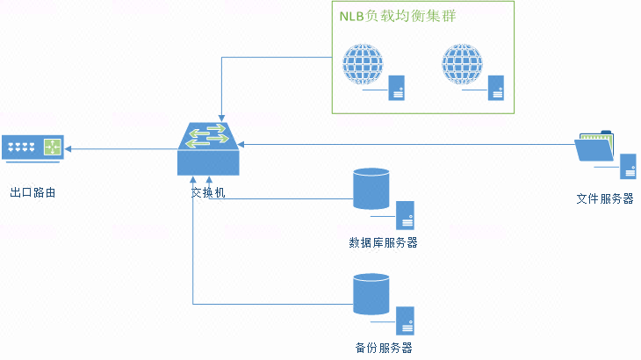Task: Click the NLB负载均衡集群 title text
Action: (x=397, y=17)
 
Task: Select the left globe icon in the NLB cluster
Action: (x=364, y=64)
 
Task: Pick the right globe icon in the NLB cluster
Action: (x=462, y=64)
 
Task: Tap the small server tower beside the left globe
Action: (x=397, y=88)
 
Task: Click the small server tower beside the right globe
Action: (x=496, y=88)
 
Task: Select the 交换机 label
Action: (x=208, y=192)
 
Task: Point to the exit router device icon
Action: (x=32, y=149)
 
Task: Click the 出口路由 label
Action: (x=32, y=192)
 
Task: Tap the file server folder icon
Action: (x=595, y=147)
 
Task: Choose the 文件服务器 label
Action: (x=604, y=198)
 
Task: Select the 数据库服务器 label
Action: (x=383, y=242)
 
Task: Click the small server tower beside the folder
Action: (x=628, y=167)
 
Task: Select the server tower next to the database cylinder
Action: (x=405, y=215)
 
